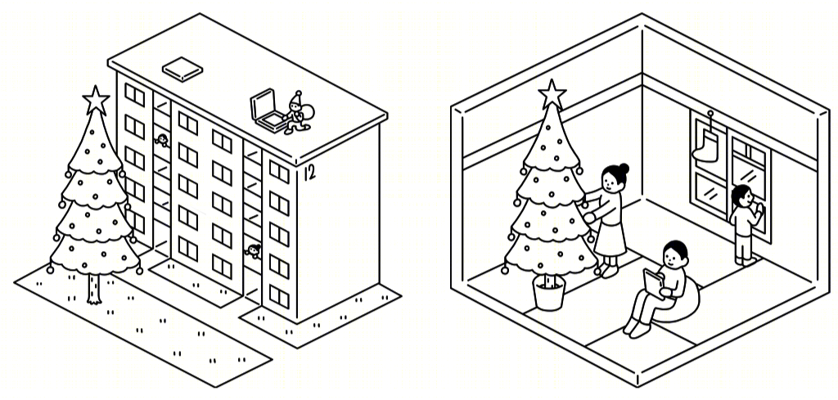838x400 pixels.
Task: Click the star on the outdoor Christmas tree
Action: point(97,100)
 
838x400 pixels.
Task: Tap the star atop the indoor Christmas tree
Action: point(552,95)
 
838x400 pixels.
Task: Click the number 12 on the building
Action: point(309,173)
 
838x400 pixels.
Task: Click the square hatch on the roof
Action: point(182,70)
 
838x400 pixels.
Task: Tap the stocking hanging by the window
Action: point(706,146)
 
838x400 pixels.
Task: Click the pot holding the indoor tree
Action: point(549,293)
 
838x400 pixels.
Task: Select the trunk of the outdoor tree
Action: point(95,289)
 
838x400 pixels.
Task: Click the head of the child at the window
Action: point(741,196)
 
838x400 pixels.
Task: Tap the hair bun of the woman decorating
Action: point(623,169)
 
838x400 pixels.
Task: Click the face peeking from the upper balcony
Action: point(161,140)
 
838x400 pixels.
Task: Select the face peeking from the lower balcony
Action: point(253,250)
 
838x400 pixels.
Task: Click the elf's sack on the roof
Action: point(307,112)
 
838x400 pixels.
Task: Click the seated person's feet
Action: point(634,329)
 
